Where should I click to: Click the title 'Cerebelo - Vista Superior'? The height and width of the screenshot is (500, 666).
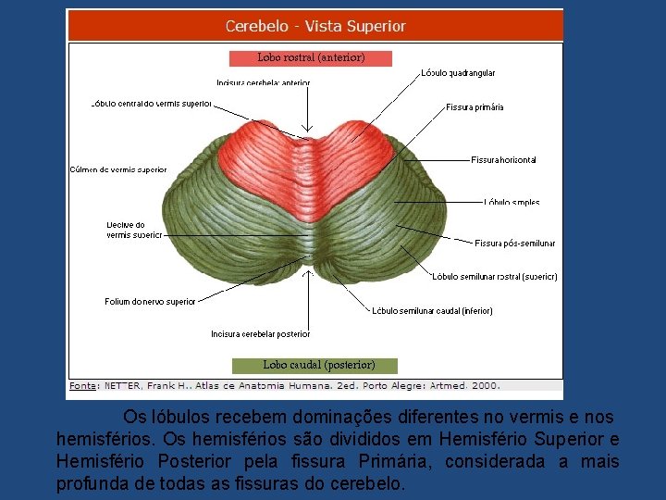pyautogui.click(x=315, y=27)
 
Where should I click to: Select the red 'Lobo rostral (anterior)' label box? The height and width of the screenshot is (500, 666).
pyautogui.click(x=311, y=57)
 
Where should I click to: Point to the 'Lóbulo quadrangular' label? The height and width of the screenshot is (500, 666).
pyautogui.click(x=458, y=73)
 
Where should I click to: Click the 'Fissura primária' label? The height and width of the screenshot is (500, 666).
pyautogui.click(x=475, y=107)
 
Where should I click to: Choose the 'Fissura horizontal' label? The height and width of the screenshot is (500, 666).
pyautogui.click(x=503, y=160)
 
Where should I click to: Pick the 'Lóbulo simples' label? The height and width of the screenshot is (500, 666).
pyautogui.click(x=512, y=202)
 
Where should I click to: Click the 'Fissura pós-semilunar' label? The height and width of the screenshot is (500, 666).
pyautogui.click(x=514, y=244)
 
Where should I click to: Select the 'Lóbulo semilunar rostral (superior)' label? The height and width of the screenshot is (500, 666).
pyautogui.click(x=495, y=276)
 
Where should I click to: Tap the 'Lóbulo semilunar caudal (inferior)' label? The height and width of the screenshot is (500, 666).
pyautogui.click(x=432, y=311)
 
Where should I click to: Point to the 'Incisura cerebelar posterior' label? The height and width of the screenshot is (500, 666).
pyautogui.click(x=260, y=333)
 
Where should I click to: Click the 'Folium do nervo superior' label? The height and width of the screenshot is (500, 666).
pyautogui.click(x=150, y=302)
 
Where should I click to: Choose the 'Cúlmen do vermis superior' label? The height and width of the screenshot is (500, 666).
pyautogui.click(x=118, y=169)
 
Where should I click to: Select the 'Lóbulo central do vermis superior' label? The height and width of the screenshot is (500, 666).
pyautogui.click(x=152, y=104)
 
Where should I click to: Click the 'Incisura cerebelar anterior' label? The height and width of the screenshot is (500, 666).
pyautogui.click(x=264, y=83)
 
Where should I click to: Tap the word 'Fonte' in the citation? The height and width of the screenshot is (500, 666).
pyautogui.click(x=82, y=385)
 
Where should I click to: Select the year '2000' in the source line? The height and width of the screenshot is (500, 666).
pyautogui.click(x=484, y=385)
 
